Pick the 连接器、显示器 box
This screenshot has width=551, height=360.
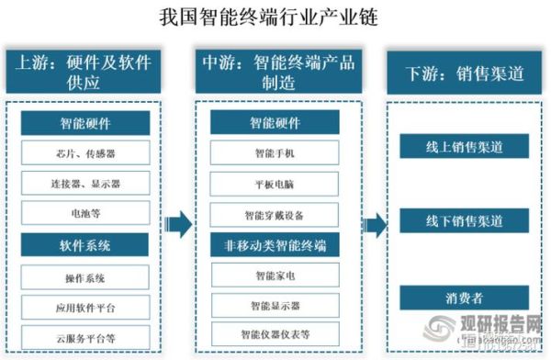click(85, 184)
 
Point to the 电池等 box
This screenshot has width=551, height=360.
click(85, 214)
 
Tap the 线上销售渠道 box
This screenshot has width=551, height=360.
click(464, 146)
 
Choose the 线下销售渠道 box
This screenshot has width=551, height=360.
click(464, 221)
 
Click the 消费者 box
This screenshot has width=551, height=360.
click(464, 298)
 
